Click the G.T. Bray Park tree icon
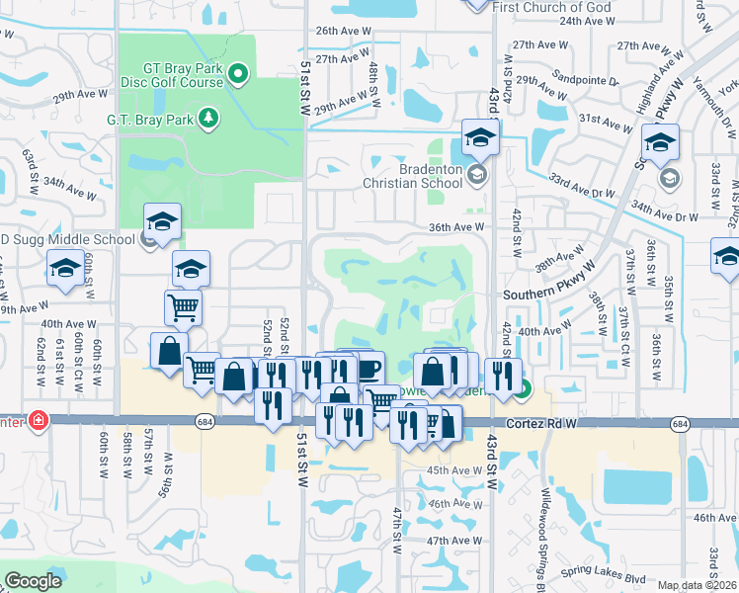tap(207, 119)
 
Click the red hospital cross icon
tap(39, 420)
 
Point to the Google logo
tap(34, 581)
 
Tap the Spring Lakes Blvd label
tap(603, 574)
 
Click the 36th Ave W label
tap(455, 226)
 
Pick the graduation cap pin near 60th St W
tap(66, 268)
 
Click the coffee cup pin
tap(368, 368)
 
